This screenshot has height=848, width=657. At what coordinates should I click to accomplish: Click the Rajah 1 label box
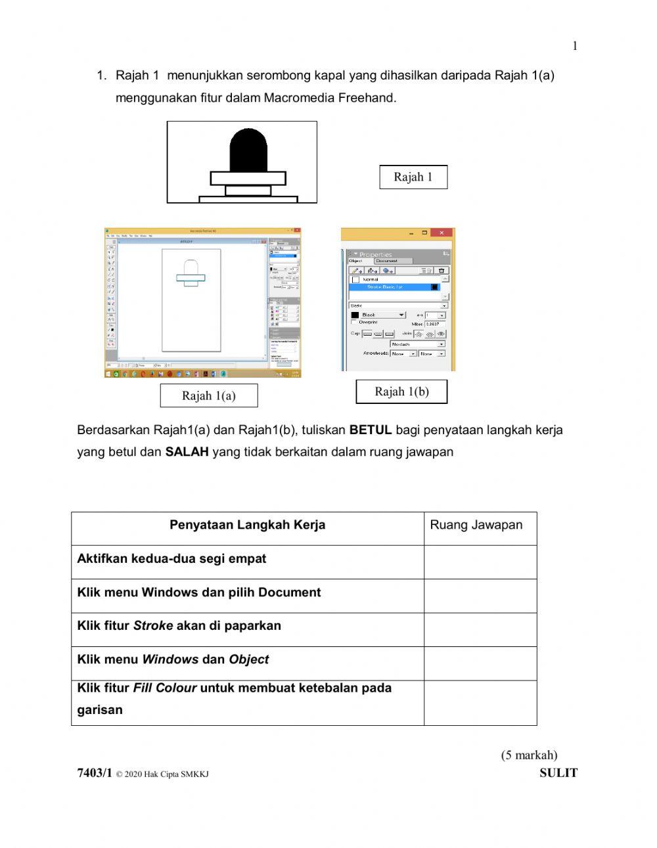413,177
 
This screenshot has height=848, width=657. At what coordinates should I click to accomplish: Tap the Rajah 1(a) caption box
209,395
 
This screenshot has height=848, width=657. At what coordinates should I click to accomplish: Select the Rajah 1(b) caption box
401,391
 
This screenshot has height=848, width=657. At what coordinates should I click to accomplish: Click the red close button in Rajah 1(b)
442,233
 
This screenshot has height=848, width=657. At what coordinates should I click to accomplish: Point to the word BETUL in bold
371,430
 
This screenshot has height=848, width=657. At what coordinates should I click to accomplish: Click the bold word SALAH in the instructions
187,452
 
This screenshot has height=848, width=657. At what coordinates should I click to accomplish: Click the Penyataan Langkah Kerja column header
247,525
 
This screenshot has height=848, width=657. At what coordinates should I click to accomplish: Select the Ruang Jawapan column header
476,525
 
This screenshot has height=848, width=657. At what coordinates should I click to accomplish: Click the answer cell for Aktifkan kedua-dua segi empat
480,562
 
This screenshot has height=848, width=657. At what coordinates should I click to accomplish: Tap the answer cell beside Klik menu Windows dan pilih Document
480,596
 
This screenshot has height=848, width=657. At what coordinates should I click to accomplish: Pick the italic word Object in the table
248,659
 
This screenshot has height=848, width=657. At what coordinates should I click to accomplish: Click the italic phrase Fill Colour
165,688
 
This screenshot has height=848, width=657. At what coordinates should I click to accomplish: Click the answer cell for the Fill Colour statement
480,703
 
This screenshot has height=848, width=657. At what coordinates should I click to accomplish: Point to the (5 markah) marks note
529,755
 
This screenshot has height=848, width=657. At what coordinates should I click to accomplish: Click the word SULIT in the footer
558,773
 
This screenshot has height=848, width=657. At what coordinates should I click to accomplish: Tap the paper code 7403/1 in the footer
95,773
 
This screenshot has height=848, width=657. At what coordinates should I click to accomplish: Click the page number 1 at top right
575,46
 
